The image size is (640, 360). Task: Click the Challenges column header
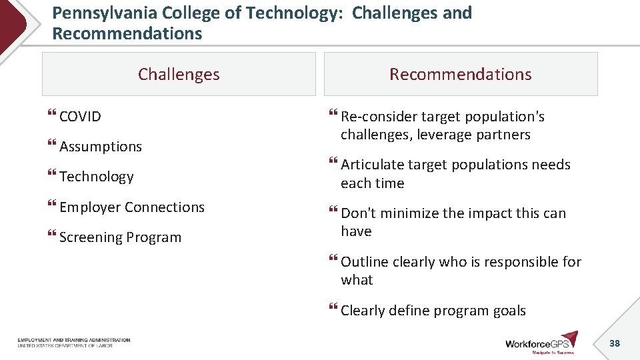coord(179,74)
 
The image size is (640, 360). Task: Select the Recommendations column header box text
coord(461,74)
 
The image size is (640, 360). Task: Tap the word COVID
coord(80,117)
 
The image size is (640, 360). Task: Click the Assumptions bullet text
coord(101,147)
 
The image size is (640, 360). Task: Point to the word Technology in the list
coord(97,177)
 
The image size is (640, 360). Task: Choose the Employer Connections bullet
coord(132,207)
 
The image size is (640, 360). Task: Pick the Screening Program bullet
coord(120,237)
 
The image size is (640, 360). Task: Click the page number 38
coord(615,343)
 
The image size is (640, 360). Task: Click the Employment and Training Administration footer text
coord(74,343)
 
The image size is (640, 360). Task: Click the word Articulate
coord(372,165)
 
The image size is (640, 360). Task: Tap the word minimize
coord(406,213)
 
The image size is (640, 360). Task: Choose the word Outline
coord(365,262)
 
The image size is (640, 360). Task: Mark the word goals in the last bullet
coord(509,311)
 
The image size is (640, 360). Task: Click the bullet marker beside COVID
coord(52,117)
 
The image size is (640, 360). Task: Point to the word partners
coord(503,135)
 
